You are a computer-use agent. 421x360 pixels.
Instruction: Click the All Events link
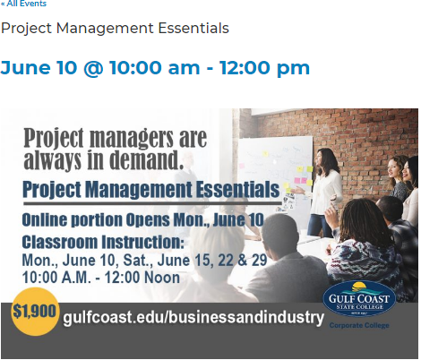tap(24, 4)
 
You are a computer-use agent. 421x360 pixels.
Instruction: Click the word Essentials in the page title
tap(193, 28)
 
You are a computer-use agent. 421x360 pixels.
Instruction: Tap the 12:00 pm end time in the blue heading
tap(264, 67)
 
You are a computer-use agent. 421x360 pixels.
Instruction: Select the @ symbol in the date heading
tap(93, 68)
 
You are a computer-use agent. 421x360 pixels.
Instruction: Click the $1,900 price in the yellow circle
tap(34, 312)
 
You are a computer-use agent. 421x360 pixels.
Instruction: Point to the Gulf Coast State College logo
tap(359, 298)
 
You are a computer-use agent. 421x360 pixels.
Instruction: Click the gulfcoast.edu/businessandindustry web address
tap(193, 317)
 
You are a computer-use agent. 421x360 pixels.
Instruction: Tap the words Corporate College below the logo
tap(359, 325)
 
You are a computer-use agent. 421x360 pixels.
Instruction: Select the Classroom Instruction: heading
tap(103, 242)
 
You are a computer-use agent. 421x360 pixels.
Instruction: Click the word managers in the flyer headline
tap(131, 138)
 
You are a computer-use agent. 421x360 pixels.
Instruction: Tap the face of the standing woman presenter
tap(321, 159)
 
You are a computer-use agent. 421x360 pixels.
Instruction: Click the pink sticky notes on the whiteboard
tap(301, 180)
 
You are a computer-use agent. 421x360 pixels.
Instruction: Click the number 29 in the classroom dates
tap(259, 260)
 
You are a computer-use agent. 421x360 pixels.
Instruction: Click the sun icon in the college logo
tap(358, 287)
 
